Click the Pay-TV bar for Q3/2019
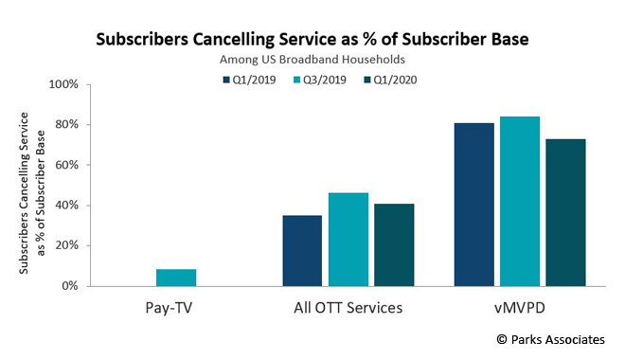point(176,277)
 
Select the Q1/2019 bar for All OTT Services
point(302,250)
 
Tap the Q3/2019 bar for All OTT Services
point(348,239)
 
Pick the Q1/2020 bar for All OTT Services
point(393,244)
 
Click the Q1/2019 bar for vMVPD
point(473,204)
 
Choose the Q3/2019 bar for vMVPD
point(519,201)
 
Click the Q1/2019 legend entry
point(250,80)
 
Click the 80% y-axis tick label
point(65,125)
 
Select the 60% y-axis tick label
point(65,165)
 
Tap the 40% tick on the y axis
point(65,206)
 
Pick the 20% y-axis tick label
point(65,245)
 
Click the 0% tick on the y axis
point(68,286)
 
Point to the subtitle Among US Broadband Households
point(312,60)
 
